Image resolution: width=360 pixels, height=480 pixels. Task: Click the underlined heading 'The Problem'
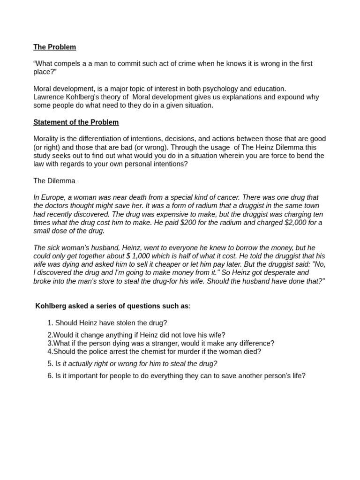click(54, 47)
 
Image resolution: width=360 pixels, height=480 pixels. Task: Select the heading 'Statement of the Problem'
click(76, 122)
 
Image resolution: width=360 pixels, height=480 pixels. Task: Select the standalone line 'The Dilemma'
click(54, 181)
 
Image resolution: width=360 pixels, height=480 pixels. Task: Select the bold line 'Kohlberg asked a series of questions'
click(112, 307)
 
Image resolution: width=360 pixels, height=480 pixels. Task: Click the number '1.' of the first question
click(50, 323)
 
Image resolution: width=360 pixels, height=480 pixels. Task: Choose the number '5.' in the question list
click(50, 364)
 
